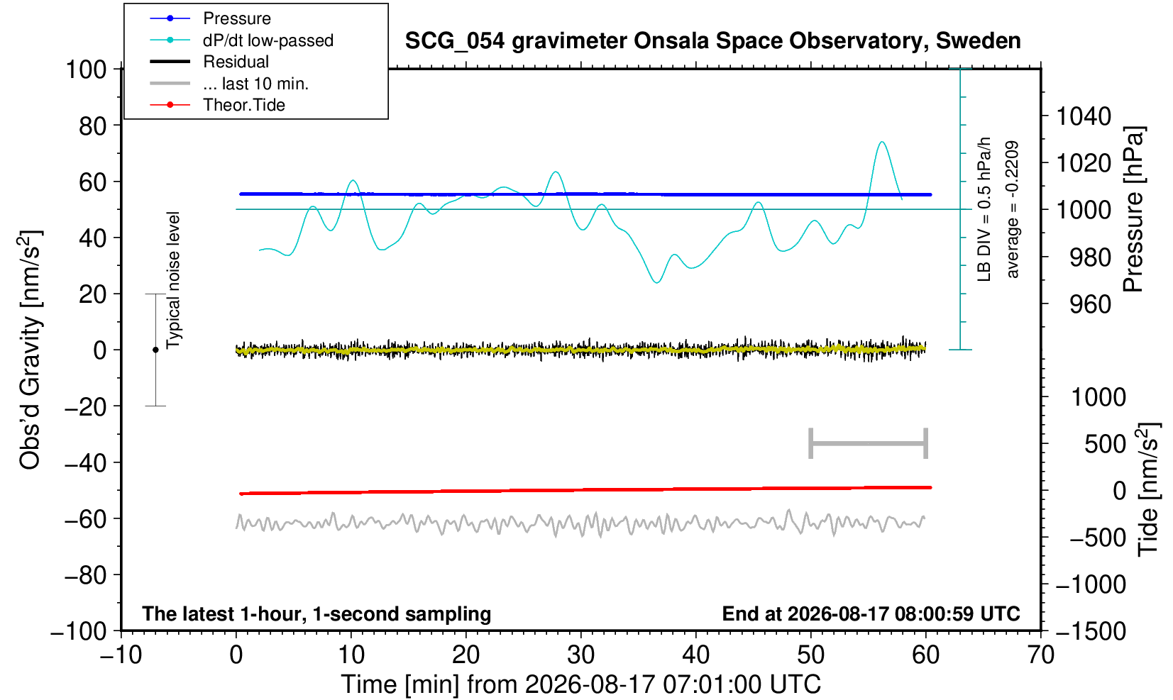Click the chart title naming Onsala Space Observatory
tap(712, 41)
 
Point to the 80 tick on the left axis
tap(93, 126)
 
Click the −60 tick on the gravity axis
tap(85, 519)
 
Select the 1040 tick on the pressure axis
tap(1084, 116)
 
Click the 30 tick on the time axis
tap(580, 655)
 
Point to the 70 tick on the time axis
tap(1040, 655)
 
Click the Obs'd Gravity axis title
tap(30, 350)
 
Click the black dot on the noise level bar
tap(155, 350)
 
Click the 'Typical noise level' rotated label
tap(173, 280)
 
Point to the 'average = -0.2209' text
tap(1012, 209)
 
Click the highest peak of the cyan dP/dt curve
tap(882, 142)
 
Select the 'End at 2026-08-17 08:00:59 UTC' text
tap(871, 613)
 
